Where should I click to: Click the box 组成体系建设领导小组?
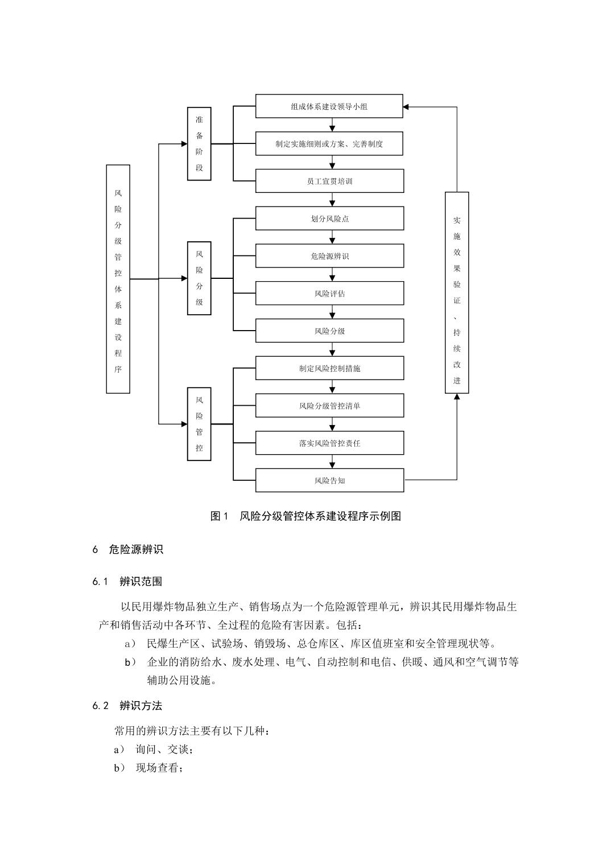(x=329, y=106)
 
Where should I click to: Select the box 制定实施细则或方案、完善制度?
(x=329, y=143)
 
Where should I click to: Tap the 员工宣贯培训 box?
(x=329, y=181)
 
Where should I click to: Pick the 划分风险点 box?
(x=329, y=218)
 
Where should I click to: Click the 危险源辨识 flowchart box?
(x=329, y=256)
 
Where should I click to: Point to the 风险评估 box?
(x=329, y=293)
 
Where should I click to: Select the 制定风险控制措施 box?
(x=329, y=368)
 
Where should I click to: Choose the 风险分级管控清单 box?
(x=329, y=405)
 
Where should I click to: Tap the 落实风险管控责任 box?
(x=329, y=443)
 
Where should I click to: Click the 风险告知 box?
(x=329, y=480)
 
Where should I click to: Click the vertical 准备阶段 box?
(x=199, y=143)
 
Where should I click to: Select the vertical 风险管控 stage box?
(x=199, y=424)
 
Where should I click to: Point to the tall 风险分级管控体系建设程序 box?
(x=118, y=279)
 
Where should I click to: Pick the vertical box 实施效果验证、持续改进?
(x=457, y=293)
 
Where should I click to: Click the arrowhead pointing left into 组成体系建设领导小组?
(x=406, y=107)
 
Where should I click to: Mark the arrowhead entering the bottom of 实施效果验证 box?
(x=457, y=397)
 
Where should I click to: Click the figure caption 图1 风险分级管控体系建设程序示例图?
(x=305, y=516)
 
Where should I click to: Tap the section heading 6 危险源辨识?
(x=128, y=550)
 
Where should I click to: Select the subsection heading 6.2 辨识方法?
(x=127, y=706)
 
